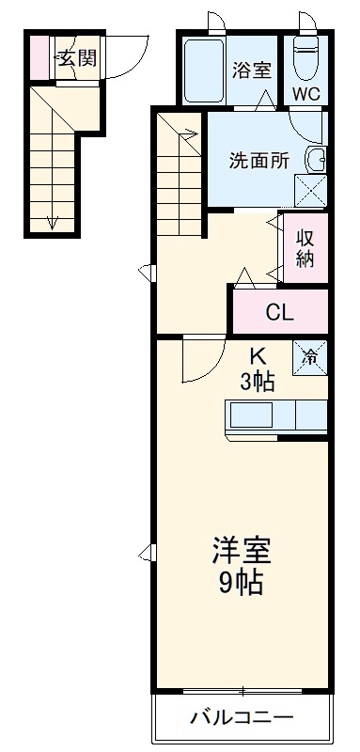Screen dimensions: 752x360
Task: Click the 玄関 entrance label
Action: pos(76,59)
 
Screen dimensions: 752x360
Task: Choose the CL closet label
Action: pos(277,312)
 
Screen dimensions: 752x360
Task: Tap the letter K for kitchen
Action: pos(257,357)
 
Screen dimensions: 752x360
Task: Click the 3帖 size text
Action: pos(257,382)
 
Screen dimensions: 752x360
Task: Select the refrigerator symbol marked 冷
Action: pos(310,357)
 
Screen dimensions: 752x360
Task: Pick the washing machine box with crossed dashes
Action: pos(310,192)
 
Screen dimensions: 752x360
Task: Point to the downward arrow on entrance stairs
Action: pos(52,222)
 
